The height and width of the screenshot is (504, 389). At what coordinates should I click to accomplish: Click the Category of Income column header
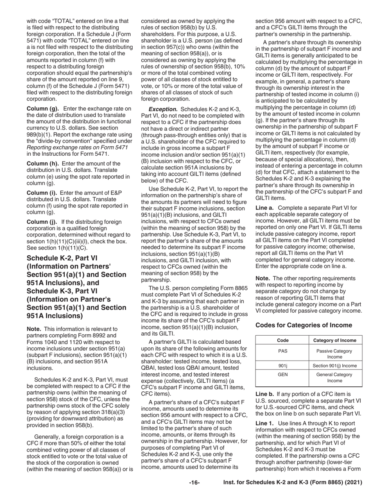pos(335,341)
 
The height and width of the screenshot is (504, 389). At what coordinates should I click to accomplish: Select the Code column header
pos(282,341)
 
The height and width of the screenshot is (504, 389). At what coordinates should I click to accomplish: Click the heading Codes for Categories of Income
pos(303,325)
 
